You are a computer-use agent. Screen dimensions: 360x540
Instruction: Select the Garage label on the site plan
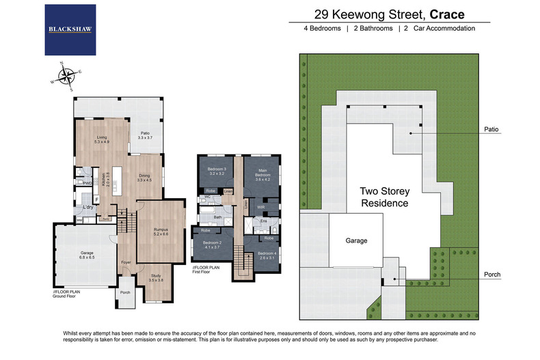coord(356,240)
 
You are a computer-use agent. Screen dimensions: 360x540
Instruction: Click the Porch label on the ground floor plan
coord(124,292)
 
